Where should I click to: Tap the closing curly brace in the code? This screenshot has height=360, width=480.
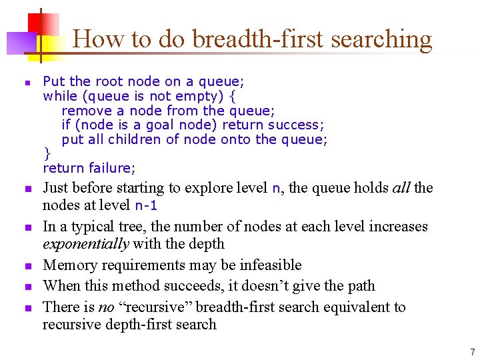47,153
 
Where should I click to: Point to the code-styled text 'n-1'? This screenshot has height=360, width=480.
146,205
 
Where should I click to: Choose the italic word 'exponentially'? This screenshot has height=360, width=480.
85,244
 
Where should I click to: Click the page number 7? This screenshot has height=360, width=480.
472,352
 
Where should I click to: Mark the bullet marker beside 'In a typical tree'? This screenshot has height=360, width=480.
27,228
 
